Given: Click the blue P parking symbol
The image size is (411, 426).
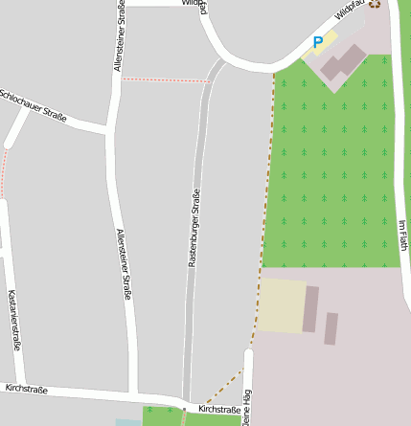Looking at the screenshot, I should (x=318, y=42).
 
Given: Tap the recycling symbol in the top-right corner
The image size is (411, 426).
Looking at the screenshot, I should (x=374, y=3).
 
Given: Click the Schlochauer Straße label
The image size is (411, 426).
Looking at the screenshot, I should (x=34, y=106).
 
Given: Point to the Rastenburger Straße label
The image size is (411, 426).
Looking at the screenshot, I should (x=194, y=228).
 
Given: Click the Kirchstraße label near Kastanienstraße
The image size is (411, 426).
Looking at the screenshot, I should (x=26, y=389).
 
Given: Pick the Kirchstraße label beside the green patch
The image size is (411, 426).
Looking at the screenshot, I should (x=219, y=410).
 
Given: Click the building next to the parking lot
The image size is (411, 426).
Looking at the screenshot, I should (x=342, y=63).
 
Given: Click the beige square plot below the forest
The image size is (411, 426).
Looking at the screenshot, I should (x=282, y=305).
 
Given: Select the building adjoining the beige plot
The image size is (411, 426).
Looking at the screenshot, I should (x=310, y=308).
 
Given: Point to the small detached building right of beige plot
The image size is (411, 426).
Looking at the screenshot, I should (x=331, y=328).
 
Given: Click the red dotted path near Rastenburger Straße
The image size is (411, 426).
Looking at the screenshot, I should (x=163, y=80).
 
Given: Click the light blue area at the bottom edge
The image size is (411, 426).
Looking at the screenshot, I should (x=127, y=422).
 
